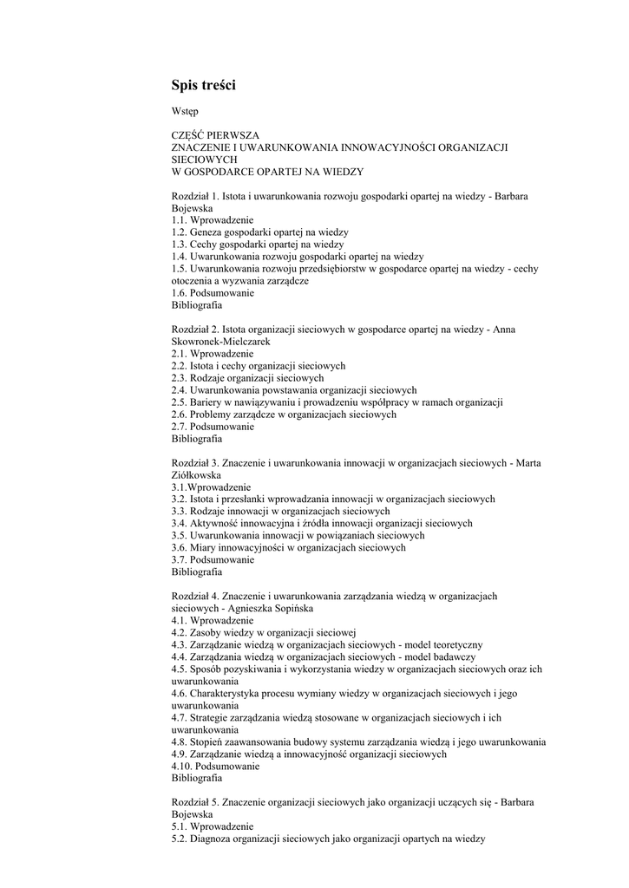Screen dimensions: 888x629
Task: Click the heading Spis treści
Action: pos(203,85)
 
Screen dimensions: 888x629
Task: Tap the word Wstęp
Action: pos(185,111)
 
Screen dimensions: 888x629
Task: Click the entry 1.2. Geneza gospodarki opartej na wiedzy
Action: pos(259,233)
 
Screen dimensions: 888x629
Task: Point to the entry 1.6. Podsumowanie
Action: pos(213,293)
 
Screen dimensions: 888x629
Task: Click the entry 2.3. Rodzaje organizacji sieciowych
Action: pos(247,378)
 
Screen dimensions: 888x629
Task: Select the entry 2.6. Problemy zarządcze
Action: pos(284,415)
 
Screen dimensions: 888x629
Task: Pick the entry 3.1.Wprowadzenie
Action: pos(211,487)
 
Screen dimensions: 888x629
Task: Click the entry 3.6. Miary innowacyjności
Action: pos(288,548)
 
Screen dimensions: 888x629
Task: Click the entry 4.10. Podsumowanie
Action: pos(215,767)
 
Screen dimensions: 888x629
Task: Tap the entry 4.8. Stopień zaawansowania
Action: pos(358,742)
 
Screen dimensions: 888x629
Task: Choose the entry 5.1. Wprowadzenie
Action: pos(213,827)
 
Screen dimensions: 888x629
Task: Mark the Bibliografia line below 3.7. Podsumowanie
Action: pos(197,572)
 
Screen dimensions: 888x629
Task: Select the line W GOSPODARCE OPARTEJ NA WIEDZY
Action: pos(267,172)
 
